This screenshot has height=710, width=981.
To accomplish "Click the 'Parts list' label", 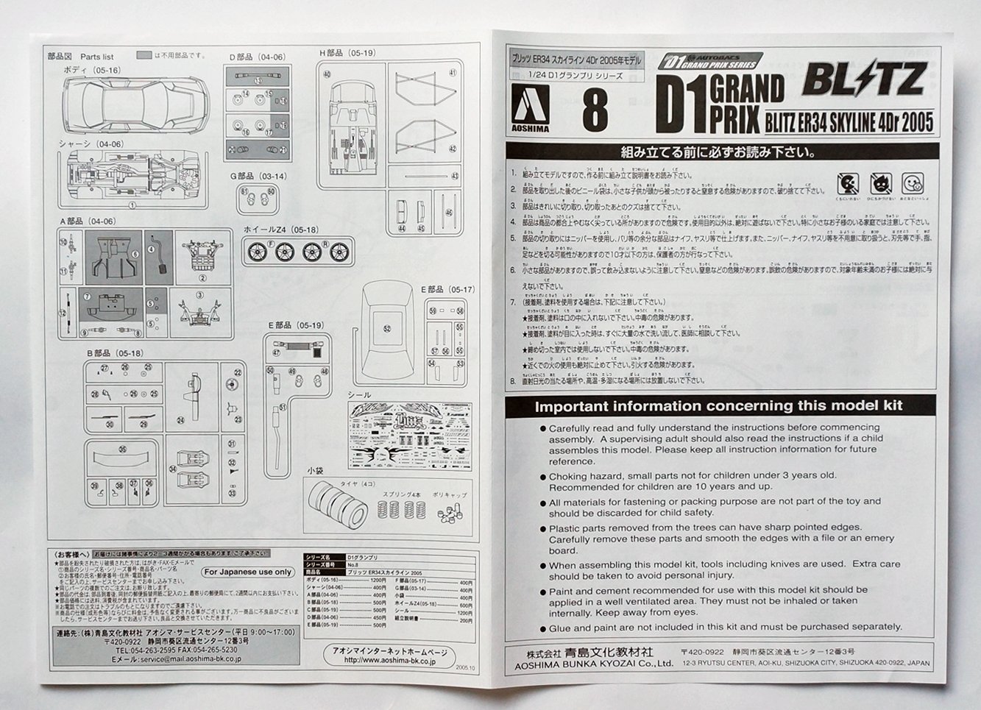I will click(x=97, y=56).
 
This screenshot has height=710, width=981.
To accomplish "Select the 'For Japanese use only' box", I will click(x=248, y=571).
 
